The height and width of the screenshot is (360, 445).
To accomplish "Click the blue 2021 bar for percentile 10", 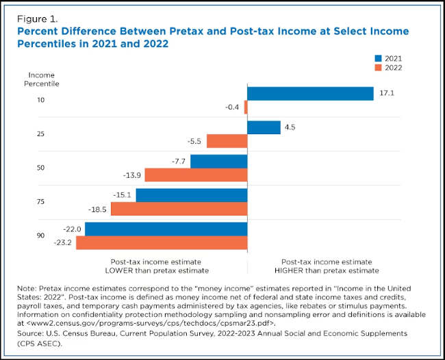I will point(310,94).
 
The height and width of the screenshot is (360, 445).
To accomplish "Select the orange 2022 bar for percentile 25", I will point(227,141).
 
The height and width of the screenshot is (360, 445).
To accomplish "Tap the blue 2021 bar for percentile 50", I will point(218,162).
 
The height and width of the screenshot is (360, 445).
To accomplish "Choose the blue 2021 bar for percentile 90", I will point(166,229).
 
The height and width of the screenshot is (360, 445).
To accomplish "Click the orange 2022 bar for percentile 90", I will point(162,242).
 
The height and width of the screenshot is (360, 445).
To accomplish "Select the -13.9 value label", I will point(133,175).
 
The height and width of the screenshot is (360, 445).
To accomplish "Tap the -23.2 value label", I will point(64,243).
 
